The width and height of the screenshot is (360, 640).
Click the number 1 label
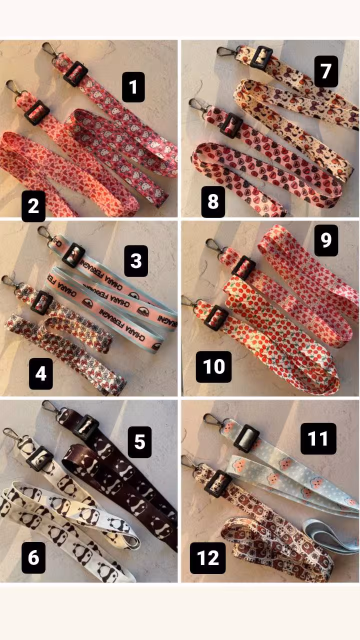(x=133, y=87)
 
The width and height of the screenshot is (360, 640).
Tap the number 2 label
(x=33, y=206)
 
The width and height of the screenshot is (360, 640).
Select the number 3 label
(x=136, y=261)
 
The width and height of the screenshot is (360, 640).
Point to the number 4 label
(x=41, y=373)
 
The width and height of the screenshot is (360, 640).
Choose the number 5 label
(x=139, y=442)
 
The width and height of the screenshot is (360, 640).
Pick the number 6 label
(x=33, y=557)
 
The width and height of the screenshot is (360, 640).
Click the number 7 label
(x=326, y=71)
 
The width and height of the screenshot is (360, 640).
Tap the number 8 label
(x=213, y=201)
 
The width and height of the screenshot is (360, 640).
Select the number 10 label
(x=213, y=366)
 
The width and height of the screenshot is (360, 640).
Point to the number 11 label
(x=318, y=438)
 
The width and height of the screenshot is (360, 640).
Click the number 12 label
(x=207, y=558)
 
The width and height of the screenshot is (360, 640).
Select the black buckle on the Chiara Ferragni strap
(x=73, y=255)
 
